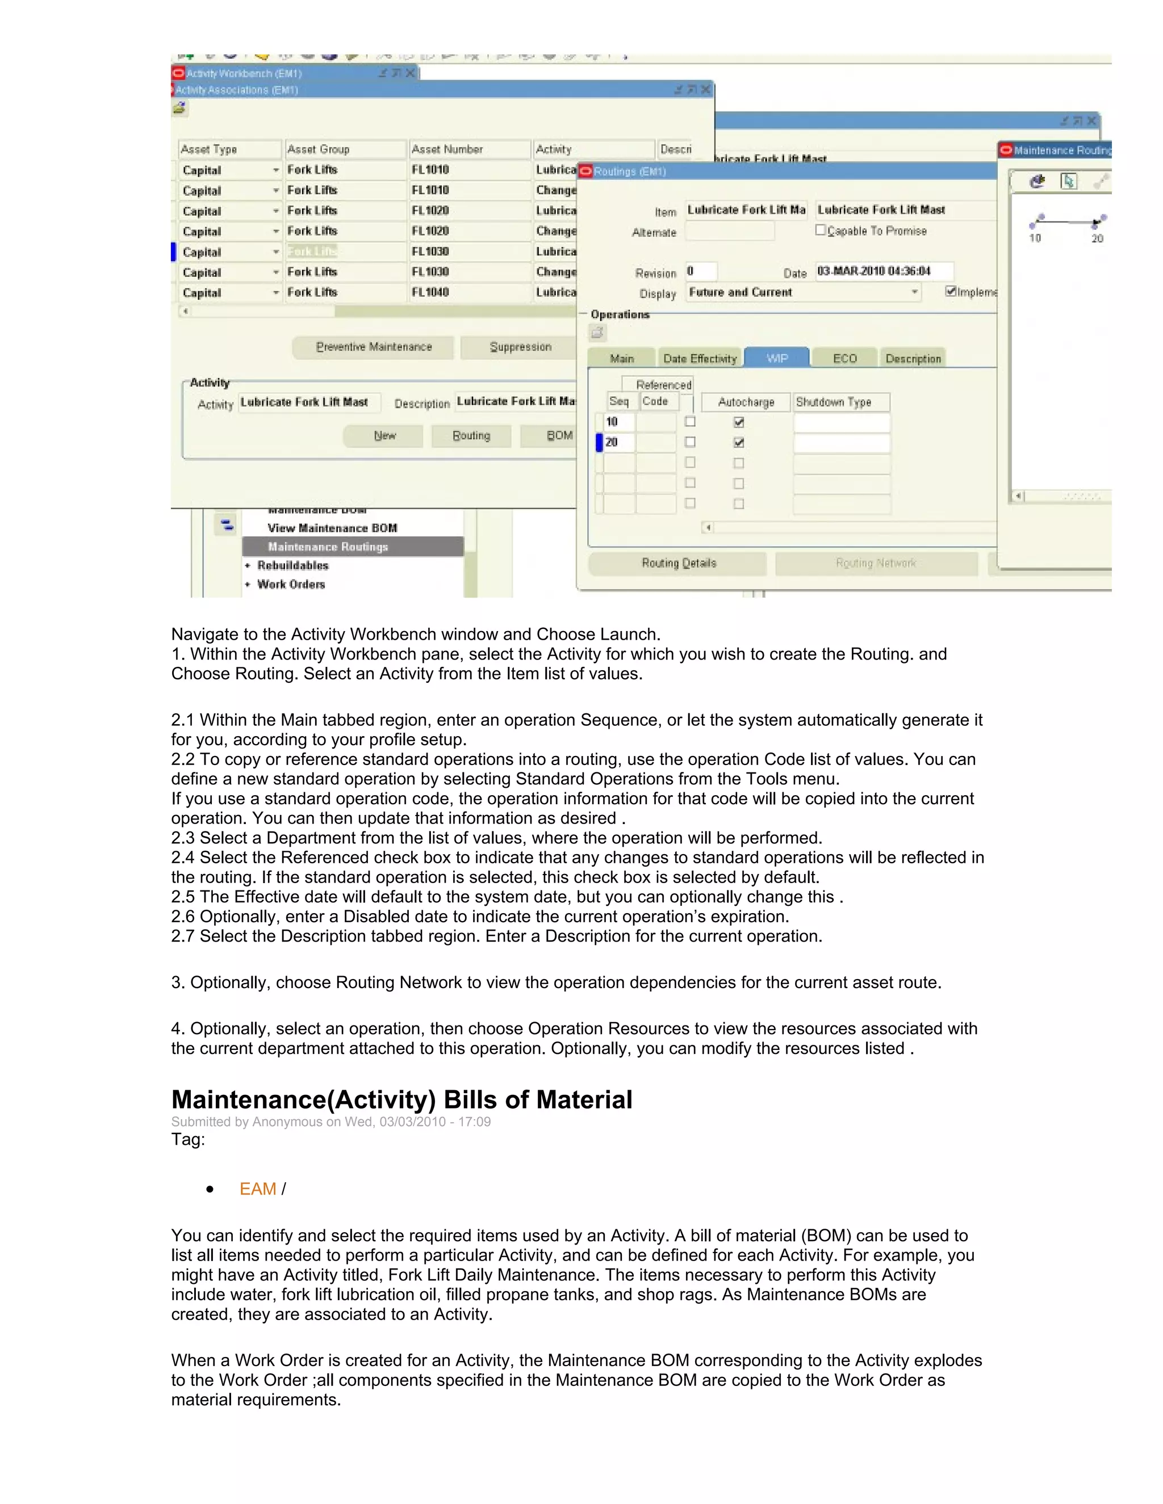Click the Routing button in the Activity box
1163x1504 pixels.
pyautogui.click(x=471, y=436)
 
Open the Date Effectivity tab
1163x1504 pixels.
pyautogui.click(x=699, y=358)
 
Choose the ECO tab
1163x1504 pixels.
pyautogui.click(x=844, y=358)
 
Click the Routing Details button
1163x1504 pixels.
pyautogui.click(x=678, y=564)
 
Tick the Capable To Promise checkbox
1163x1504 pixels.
pyautogui.click(x=821, y=230)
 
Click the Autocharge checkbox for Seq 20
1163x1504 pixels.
pyautogui.click(x=739, y=442)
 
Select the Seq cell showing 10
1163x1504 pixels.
pyautogui.click(x=618, y=422)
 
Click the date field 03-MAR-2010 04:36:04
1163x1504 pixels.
pyautogui.click(x=883, y=271)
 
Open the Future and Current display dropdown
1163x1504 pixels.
pyautogui.click(x=914, y=292)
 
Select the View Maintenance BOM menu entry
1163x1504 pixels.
pyautogui.click(x=332, y=528)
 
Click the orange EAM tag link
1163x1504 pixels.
pyautogui.click(x=258, y=1189)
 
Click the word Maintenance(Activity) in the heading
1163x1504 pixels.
pyautogui.click(x=303, y=1100)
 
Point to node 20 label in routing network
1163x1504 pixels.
pyautogui.click(x=1097, y=238)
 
